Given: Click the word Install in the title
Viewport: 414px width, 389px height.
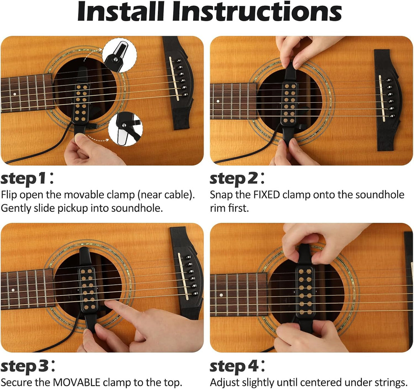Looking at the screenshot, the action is [x=121, y=11].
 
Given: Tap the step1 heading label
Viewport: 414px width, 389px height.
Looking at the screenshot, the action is [x=27, y=179].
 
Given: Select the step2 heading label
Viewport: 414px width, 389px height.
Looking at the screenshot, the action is [x=237, y=179].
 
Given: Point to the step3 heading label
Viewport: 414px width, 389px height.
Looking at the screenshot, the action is [x=28, y=366].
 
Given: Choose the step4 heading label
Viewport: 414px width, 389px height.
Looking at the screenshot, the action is [x=237, y=366].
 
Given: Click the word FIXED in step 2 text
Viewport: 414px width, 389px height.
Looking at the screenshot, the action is [x=266, y=195].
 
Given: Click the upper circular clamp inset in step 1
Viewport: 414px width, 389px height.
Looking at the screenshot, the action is [x=120, y=55].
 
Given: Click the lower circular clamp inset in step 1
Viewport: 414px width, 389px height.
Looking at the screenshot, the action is [x=125, y=129].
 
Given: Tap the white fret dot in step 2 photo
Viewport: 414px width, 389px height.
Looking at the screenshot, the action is [x=218, y=101].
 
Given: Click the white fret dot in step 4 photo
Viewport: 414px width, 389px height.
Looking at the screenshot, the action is [x=221, y=295].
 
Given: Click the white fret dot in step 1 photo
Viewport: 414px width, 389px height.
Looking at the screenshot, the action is [x=15, y=94].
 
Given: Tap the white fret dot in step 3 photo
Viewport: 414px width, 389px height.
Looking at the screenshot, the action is [x=13, y=290].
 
